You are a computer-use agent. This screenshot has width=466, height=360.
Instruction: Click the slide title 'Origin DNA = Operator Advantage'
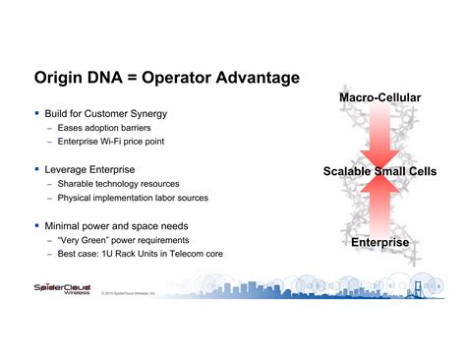coord(166,78)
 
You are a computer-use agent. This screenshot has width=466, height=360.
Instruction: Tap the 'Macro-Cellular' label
coord(379,98)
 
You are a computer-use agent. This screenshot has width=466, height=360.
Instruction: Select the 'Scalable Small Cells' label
coord(379,171)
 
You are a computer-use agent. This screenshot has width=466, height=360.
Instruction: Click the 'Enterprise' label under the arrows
coord(379,242)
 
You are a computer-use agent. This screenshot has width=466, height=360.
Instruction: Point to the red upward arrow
coord(379,206)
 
